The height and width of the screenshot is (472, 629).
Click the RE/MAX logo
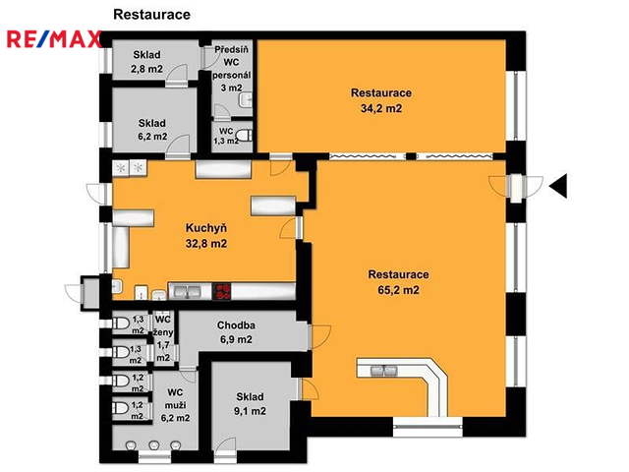tap(54, 39)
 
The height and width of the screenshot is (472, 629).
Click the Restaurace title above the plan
tap(151, 15)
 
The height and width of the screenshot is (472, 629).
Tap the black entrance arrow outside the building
tap(558, 186)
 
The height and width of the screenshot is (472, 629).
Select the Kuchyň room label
tap(206, 228)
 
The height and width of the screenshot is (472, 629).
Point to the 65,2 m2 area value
tap(398, 290)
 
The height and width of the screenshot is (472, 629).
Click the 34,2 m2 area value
tap(381, 108)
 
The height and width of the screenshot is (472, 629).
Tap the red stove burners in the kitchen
tap(221, 291)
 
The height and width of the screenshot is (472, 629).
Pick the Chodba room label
tap(236, 325)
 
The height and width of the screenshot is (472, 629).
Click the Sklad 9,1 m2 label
tap(250, 404)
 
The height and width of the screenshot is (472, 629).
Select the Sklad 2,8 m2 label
tap(146, 61)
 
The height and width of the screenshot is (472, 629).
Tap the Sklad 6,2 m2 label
tap(152, 130)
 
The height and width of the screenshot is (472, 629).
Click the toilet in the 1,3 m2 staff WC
tap(245, 136)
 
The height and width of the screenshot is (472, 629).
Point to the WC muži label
tap(175, 398)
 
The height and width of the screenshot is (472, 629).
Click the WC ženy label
tap(163, 325)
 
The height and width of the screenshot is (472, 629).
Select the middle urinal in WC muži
tap(154, 445)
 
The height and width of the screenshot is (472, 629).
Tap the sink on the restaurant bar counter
tap(383, 371)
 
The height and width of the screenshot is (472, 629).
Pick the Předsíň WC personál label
tap(232, 62)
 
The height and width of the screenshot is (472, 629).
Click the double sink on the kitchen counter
tap(188, 291)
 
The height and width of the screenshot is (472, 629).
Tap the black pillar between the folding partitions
tap(411, 156)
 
